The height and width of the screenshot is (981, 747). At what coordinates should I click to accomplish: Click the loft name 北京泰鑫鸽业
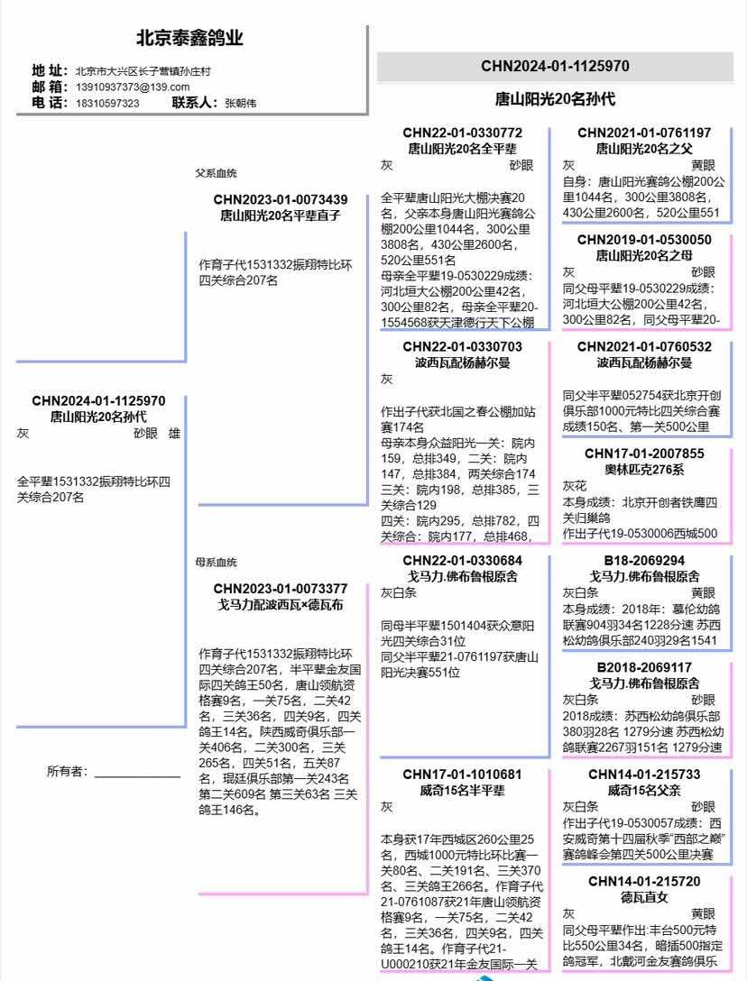click(x=189, y=39)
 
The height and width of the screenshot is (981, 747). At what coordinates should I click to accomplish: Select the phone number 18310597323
click(x=106, y=103)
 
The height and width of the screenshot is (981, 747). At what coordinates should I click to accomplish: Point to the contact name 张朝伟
click(x=240, y=103)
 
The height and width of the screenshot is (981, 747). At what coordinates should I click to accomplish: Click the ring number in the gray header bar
click(x=555, y=66)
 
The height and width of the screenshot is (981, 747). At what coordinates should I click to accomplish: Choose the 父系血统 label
click(x=217, y=173)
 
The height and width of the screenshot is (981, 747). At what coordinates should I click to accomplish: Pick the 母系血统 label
click(x=217, y=563)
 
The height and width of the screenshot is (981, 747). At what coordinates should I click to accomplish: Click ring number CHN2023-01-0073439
click(x=281, y=199)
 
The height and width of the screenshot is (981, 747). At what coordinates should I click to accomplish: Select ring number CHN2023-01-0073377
click(x=281, y=589)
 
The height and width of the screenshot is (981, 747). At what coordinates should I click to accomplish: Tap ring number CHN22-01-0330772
click(x=462, y=133)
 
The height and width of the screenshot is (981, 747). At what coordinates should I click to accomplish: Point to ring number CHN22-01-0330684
click(x=462, y=561)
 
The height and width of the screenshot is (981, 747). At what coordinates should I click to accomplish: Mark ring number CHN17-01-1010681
click(x=462, y=775)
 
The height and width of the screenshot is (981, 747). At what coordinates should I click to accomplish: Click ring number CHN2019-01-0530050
click(x=644, y=240)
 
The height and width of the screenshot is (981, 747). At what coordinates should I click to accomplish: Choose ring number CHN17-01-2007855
click(x=644, y=454)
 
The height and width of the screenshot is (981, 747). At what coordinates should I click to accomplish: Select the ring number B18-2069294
click(x=644, y=561)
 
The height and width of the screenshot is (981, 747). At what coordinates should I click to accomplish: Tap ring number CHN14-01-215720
click(x=644, y=881)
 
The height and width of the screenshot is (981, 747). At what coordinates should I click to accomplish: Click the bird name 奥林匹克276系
click(x=644, y=470)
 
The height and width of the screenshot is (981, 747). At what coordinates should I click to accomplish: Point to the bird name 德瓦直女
click(x=644, y=897)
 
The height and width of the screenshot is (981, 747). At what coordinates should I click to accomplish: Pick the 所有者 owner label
click(x=67, y=771)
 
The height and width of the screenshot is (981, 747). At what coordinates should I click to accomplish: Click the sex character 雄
click(x=174, y=433)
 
